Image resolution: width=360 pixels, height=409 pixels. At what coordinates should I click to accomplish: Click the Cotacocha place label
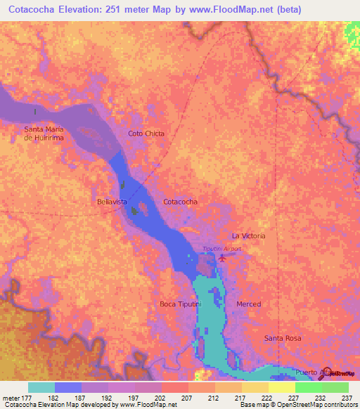pos(180,202)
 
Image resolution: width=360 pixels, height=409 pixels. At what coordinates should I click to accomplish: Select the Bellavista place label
pos(112,202)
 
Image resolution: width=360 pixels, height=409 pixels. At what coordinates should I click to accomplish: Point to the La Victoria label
pos(248,236)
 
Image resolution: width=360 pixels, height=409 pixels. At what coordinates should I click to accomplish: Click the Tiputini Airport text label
pos(221,249)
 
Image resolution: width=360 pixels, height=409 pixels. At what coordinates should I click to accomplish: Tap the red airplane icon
pos(223,258)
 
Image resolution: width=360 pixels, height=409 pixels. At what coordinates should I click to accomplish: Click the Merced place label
pos(249,304)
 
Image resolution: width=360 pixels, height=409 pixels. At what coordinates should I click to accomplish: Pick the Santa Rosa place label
pos(283,339)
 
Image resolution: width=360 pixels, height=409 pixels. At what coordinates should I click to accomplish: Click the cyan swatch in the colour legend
pos(41,387)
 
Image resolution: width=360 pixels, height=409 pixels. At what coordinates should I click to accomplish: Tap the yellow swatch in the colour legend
pos(281,387)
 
